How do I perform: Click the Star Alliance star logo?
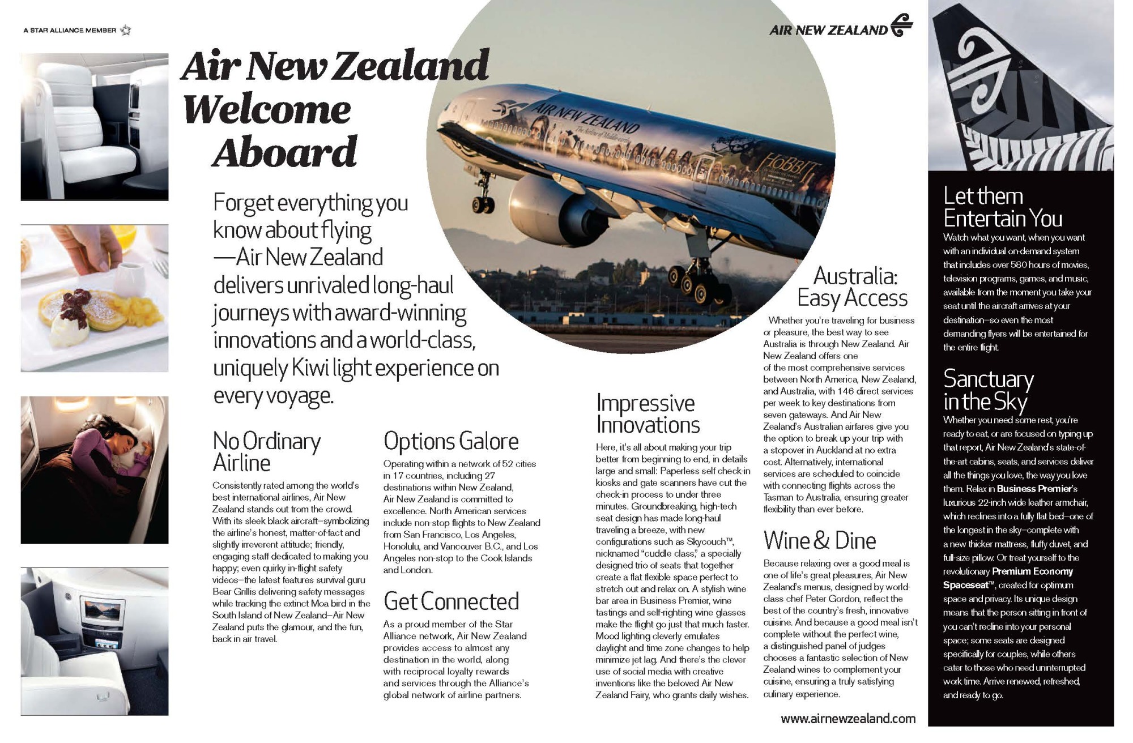[126, 30]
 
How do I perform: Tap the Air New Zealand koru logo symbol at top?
[901, 26]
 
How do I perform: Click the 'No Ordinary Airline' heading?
[266, 451]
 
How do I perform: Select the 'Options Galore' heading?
[451, 441]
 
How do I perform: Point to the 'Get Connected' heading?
[451, 601]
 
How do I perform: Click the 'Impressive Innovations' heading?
[648, 413]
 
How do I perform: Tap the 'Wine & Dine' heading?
[819, 540]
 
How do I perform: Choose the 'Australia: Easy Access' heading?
[853, 287]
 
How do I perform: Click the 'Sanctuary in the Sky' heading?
[988, 390]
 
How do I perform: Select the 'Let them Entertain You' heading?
[1002, 207]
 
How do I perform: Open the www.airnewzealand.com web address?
[847, 719]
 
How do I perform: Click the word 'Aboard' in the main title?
[284, 152]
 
